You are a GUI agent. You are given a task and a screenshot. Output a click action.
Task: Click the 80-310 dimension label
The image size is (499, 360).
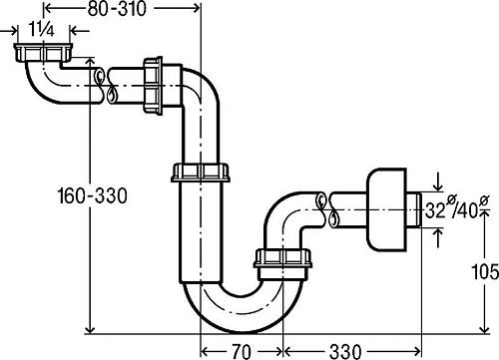(x=117, y=9)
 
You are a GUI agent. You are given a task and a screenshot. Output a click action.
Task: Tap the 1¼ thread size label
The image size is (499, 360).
(x=42, y=30)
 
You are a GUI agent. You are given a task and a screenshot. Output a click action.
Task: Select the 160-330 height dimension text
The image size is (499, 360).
(x=93, y=195)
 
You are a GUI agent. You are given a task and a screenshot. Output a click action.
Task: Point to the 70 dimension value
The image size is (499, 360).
(x=242, y=351)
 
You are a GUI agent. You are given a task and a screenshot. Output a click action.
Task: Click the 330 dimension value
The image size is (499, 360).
(x=345, y=351)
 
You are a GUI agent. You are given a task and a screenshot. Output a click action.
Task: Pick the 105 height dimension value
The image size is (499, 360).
(x=485, y=272)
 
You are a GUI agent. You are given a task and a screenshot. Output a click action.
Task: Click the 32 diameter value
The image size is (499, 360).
(x=435, y=210)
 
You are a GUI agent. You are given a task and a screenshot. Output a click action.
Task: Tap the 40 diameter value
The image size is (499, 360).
(x=469, y=210)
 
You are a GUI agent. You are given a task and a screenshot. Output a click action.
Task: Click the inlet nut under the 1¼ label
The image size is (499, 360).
(x=43, y=52)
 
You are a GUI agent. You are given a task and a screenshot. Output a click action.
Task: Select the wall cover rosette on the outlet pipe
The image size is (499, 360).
(x=386, y=209)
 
